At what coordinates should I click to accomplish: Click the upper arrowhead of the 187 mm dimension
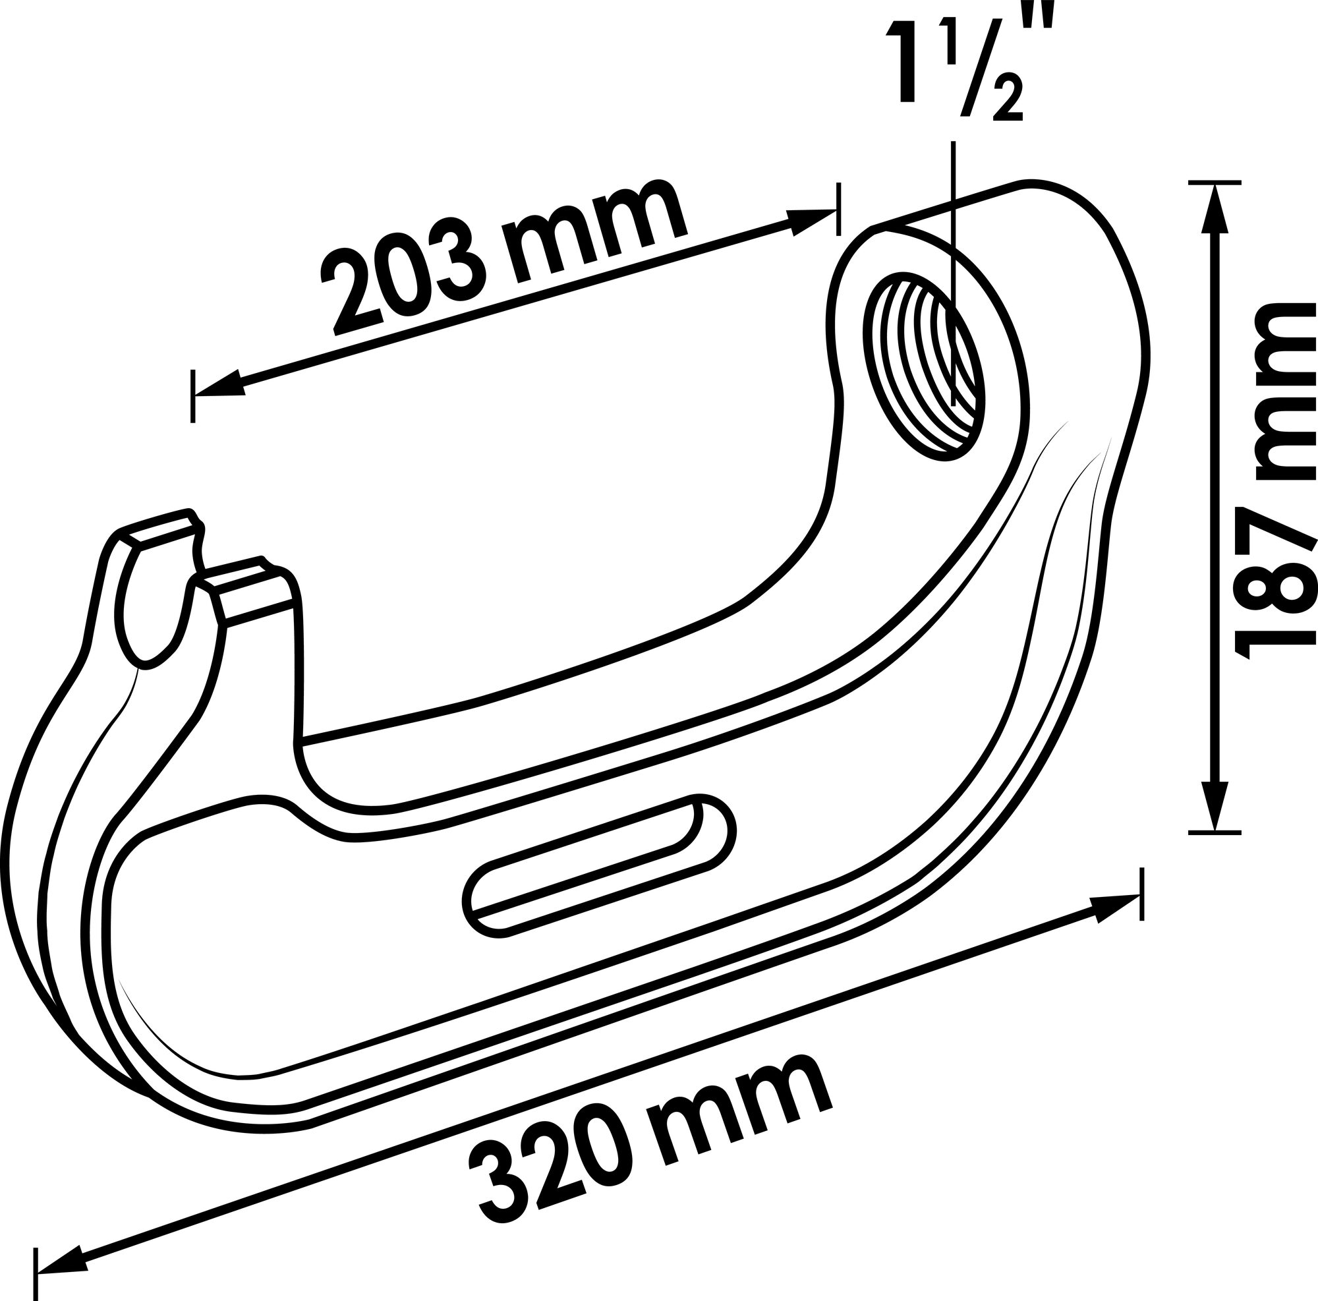click(1214, 208)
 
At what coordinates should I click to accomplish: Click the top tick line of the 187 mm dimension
click(1215, 183)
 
